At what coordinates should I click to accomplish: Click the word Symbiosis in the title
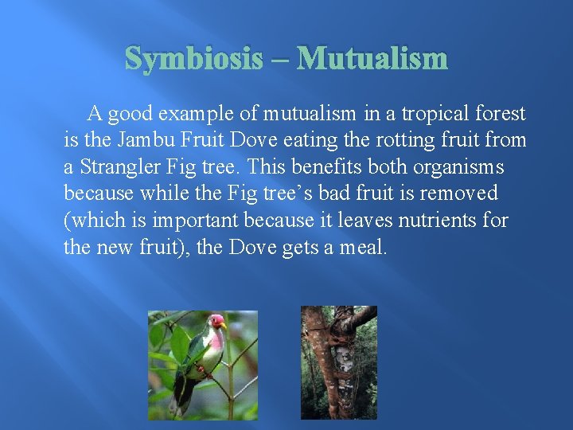[x=193, y=58]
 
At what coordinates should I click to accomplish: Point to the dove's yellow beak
[x=224, y=325]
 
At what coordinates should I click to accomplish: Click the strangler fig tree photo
[x=338, y=362]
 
